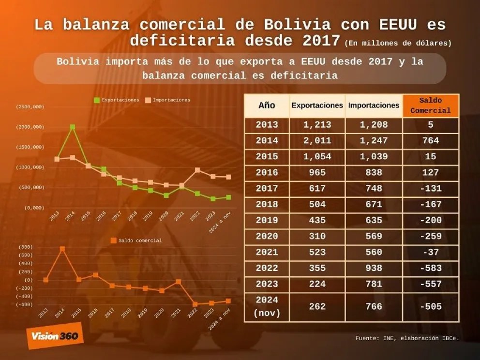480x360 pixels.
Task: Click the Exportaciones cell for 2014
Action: (317, 141)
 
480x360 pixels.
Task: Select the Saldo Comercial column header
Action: (430, 105)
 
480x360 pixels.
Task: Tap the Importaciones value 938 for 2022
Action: (374, 268)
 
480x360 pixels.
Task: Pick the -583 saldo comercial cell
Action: (430, 268)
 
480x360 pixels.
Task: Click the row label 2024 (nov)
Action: (267, 306)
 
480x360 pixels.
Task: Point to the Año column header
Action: (267, 105)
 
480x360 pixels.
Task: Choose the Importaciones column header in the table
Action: (374, 105)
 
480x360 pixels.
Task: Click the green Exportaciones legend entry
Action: (117, 100)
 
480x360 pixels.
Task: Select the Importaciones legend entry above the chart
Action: (168, 100)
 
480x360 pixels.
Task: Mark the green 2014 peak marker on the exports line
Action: (73, 127)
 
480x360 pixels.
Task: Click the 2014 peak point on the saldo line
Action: (62, 249)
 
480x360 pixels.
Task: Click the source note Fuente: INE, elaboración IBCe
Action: (407, 338)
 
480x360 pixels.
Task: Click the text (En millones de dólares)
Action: (398, 43)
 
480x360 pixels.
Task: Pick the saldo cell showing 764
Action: (430, 141)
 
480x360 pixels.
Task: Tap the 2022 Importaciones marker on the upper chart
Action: (197, 170)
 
